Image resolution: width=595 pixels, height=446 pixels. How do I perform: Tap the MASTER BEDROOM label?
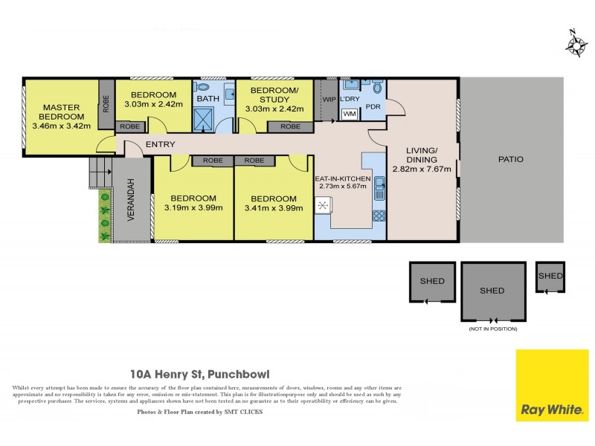61,116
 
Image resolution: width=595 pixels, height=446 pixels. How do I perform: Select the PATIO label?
510,159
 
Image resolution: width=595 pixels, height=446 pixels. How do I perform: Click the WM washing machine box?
349,114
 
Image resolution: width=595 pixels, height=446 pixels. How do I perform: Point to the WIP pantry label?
328,98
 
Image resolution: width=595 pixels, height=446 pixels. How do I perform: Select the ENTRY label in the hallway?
161,144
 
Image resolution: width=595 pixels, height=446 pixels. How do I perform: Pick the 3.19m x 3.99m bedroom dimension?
193,208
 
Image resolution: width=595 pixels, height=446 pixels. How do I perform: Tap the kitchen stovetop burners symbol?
379,216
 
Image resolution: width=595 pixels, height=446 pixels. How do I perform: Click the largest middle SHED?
492,291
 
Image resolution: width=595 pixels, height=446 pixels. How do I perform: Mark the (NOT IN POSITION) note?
492,329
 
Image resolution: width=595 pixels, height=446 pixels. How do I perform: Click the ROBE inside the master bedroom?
107,103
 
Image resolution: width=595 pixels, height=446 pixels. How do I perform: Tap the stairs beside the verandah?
100,173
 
